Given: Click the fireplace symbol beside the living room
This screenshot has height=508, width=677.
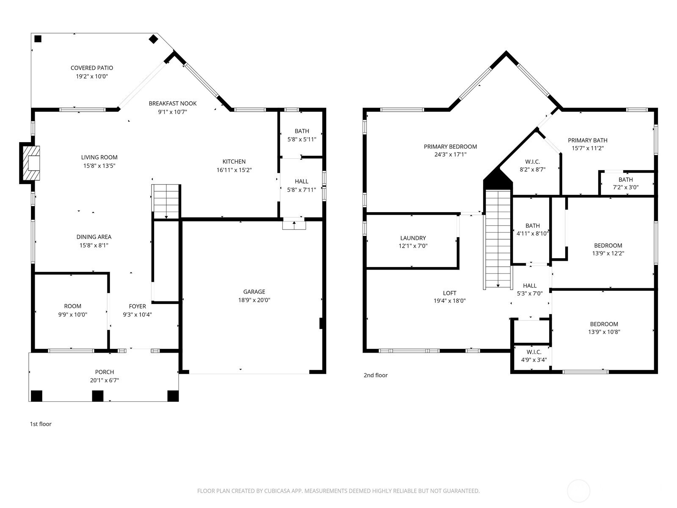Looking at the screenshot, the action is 30,163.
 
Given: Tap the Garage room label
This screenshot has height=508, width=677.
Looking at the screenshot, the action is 254,292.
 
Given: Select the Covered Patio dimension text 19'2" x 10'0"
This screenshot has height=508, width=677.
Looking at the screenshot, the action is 92,76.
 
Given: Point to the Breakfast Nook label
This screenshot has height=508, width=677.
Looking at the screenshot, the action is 172,103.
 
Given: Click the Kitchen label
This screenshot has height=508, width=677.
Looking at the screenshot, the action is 234,161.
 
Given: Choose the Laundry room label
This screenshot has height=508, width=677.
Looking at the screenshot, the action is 413,238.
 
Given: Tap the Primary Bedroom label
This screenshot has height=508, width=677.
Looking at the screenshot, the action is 450,146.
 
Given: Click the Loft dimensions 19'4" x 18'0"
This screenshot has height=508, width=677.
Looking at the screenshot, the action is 449,301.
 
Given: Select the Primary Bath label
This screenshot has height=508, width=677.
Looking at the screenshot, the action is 588,141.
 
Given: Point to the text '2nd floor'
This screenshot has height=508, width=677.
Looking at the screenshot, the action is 375,375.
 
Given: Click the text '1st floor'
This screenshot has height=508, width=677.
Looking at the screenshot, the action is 41,424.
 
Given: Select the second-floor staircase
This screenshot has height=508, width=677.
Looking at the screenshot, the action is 498,239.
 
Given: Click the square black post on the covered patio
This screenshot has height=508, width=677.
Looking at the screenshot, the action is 38,39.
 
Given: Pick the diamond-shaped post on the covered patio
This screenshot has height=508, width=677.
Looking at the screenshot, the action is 154,39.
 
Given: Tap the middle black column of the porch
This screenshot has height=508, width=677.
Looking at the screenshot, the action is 98,396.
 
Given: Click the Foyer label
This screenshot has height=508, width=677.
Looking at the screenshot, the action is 137,306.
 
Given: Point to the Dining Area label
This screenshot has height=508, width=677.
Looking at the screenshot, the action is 94,237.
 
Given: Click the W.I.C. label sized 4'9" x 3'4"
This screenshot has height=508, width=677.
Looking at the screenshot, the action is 534,352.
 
